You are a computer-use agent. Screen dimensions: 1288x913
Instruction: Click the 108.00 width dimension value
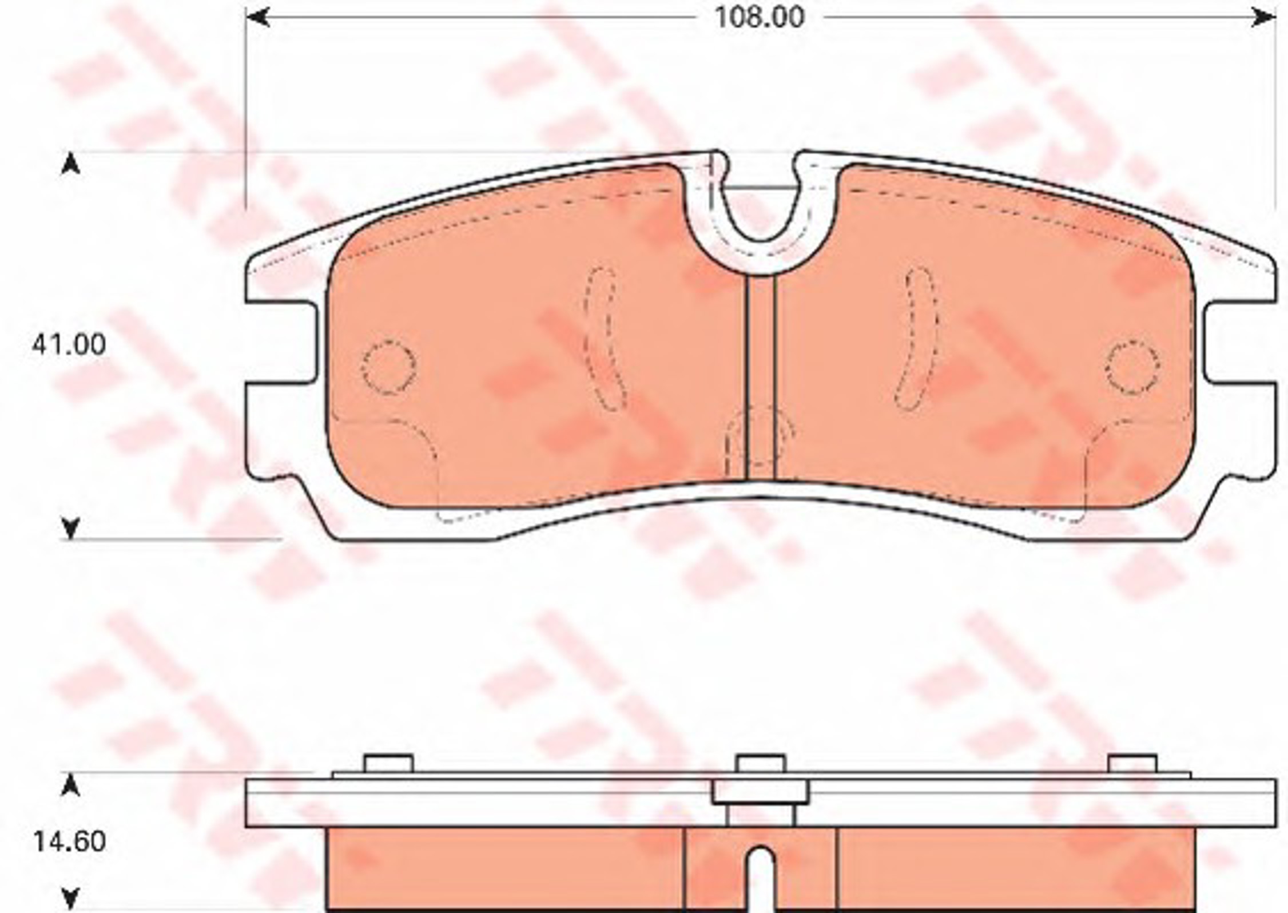760,18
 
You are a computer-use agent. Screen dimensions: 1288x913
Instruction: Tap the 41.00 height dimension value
69,345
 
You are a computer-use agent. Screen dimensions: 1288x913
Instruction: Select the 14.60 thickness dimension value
69,841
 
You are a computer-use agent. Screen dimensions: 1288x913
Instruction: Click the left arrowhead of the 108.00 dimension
258,18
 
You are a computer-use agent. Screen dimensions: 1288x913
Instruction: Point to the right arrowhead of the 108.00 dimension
1263,18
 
